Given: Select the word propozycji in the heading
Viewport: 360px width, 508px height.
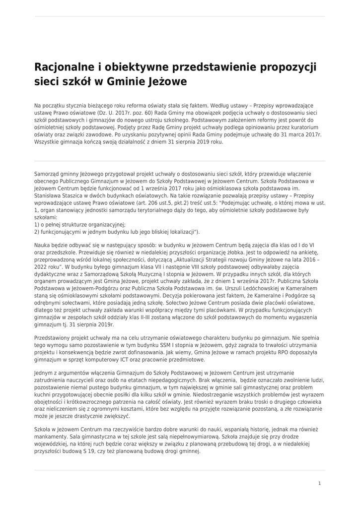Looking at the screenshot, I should (x=288, y=67).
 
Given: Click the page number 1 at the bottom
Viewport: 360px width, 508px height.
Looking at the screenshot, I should (x=319, y=483).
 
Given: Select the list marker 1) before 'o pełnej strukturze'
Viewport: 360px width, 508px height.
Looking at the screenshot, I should (x=37, y=224).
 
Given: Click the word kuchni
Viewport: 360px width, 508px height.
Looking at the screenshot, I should (x=44, y=394).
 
